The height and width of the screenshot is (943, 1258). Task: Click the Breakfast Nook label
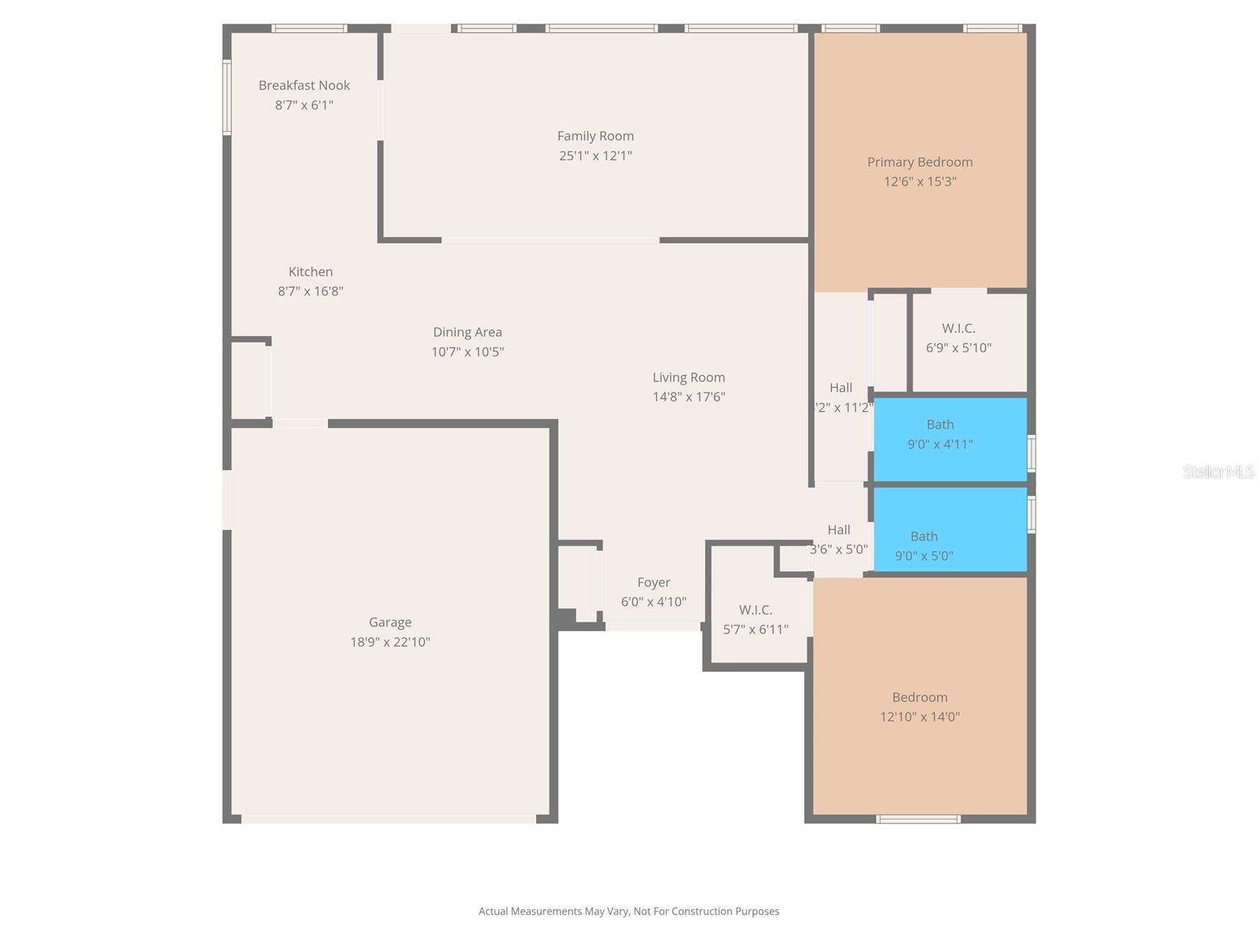coord(304,85)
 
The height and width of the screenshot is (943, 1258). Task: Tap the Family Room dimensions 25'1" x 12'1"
coord(595,156)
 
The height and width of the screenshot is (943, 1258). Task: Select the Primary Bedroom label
coord(920,162)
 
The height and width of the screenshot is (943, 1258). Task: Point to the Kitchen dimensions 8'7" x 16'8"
coord(311,292)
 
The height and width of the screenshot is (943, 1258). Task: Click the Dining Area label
coord(467,332)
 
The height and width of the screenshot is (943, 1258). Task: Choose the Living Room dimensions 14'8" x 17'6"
coord(689,398)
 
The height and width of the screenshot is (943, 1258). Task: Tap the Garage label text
coord(390,622)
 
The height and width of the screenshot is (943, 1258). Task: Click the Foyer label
coord(653,582)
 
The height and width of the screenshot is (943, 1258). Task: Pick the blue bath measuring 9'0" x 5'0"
coord(950,530)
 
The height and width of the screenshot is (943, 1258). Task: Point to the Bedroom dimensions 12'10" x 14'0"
coord(920,717)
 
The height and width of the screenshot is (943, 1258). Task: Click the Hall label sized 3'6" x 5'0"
coord(839,530)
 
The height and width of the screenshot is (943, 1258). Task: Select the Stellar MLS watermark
coord(1219,472)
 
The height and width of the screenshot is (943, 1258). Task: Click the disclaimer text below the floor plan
coord(629,912)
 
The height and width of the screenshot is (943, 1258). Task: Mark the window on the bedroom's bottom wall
coord(918,819)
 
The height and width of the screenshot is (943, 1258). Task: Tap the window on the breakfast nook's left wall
coord(226,98)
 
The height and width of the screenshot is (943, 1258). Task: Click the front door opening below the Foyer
coord(653,626)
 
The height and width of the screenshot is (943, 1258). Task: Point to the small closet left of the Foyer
coord(578,580)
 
